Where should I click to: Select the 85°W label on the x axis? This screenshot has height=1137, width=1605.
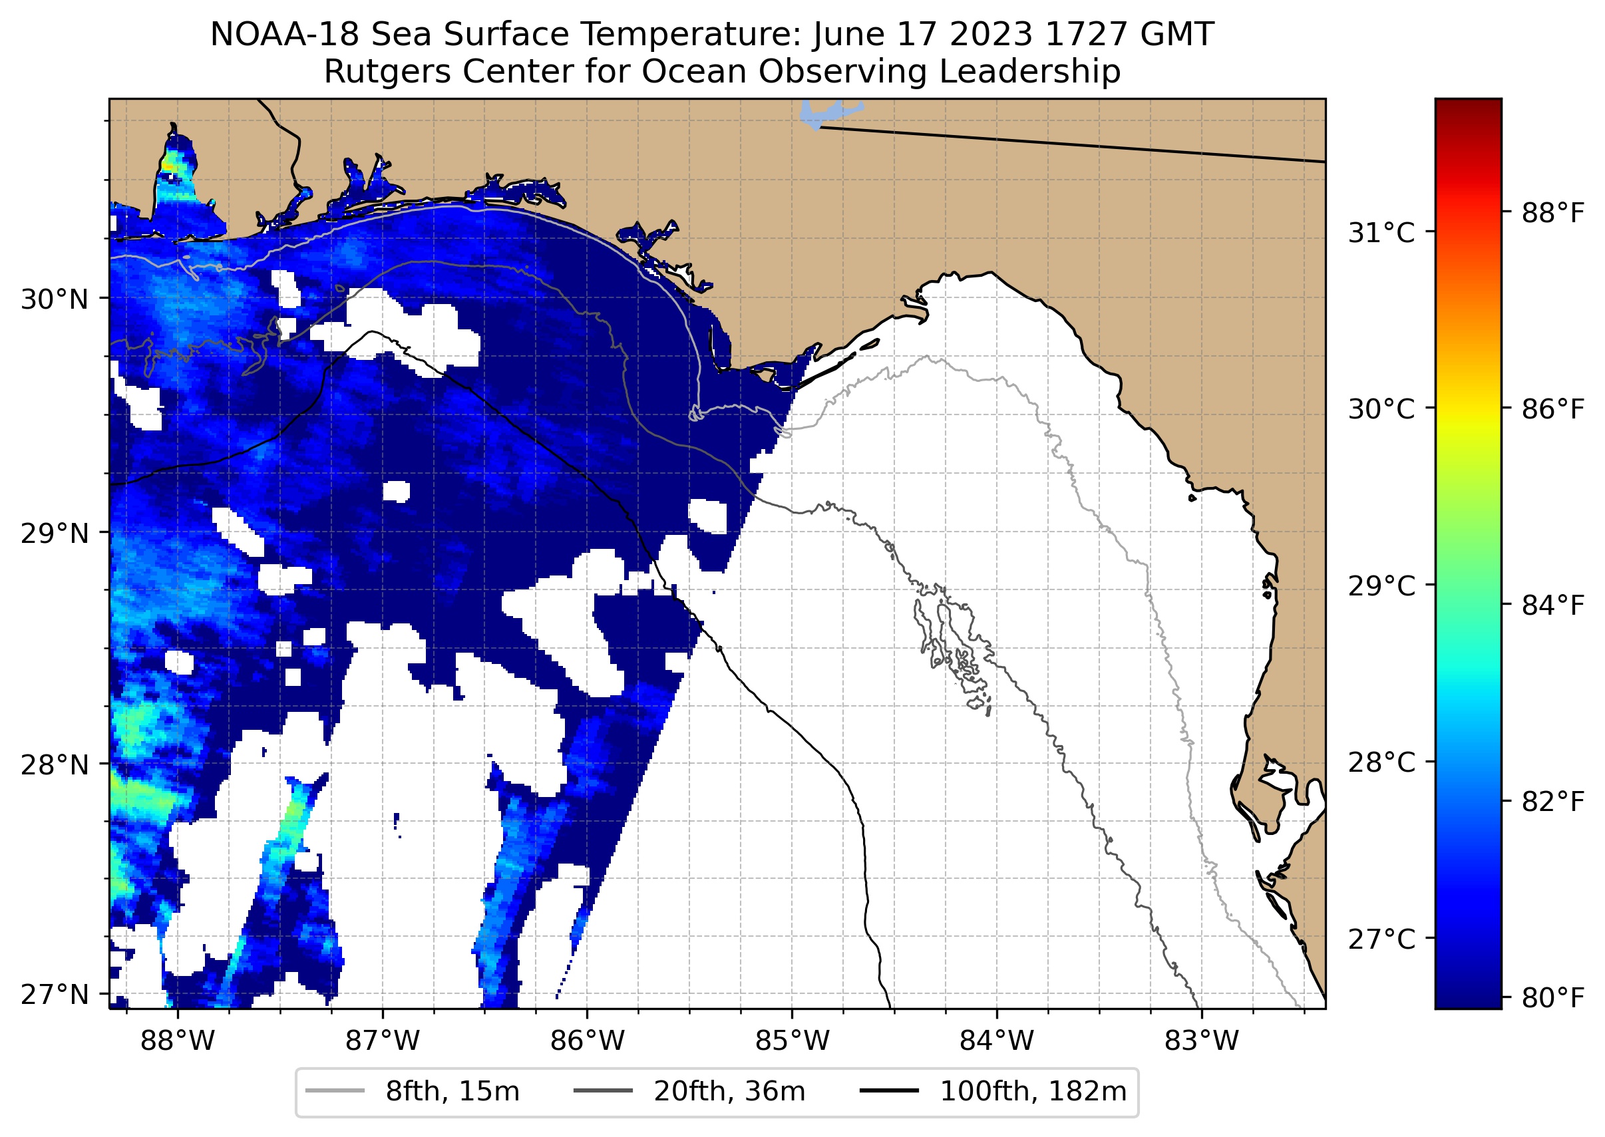792,1041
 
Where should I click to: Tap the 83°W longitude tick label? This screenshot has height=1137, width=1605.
1202,1041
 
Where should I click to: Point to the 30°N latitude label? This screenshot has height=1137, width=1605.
55,299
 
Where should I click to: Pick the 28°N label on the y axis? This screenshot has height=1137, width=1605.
55,764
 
